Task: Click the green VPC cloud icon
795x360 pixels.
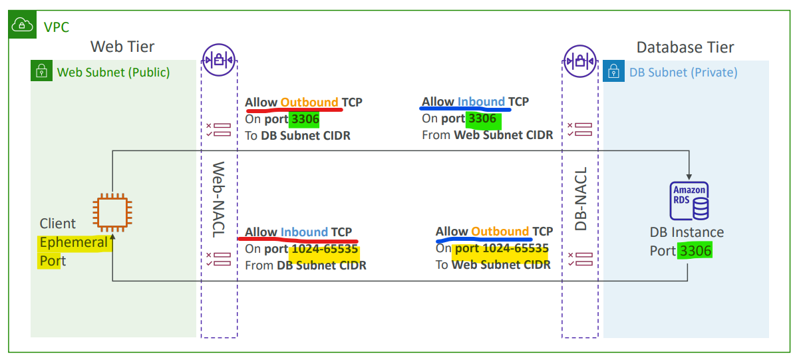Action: coord(23,24)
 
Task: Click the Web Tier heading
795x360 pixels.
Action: coord(122,47)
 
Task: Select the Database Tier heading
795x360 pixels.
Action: coord(685,47)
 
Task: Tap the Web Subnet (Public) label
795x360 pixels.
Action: coord(114,72)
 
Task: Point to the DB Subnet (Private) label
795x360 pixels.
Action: coord(683,72)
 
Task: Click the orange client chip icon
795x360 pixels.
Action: coord(112,212)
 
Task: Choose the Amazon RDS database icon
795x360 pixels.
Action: coord(689,201)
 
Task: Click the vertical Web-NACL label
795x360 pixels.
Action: coord(218,200)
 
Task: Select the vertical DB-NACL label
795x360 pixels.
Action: coord(580,199)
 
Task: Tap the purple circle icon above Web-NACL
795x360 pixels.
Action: coord(218,61)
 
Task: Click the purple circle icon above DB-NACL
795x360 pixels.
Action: coord(580,61)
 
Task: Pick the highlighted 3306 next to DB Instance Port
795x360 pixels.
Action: coord(696,250)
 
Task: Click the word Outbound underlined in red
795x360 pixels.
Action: coord(309,102)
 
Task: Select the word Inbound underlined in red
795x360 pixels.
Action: coord(304,232)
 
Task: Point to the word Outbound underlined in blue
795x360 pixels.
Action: coord(500,231)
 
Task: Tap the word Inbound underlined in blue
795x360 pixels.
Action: coord(481,101)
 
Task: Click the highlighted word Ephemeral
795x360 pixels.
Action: coord(74,242)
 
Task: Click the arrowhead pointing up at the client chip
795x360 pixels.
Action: coord(112,236)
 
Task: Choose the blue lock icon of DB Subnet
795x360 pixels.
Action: coord(613,71)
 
